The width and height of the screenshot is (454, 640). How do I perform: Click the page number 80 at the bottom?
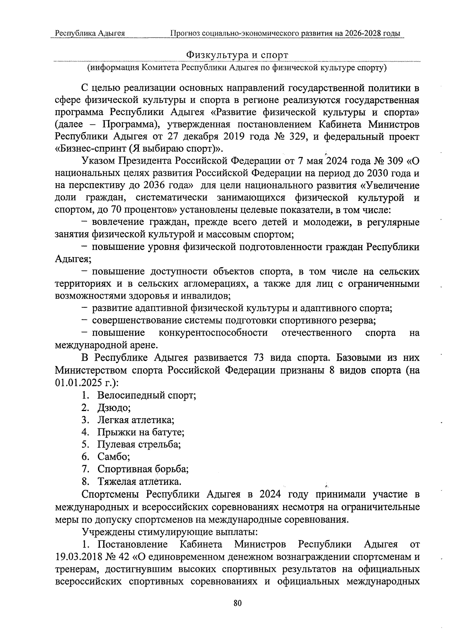(238, 603)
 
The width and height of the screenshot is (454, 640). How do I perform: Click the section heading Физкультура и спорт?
(237, 55)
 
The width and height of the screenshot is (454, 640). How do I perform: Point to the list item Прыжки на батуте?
(141, 432)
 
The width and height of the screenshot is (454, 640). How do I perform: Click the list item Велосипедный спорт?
(146, 396)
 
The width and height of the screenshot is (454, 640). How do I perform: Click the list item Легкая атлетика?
(136, 420)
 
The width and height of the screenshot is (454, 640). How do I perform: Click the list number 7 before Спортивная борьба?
(85, 469)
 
